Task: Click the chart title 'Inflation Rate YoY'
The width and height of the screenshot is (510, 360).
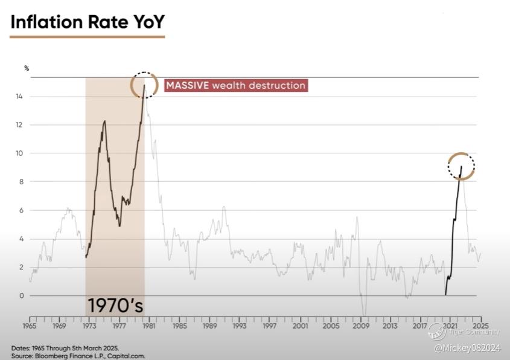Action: point(88,22)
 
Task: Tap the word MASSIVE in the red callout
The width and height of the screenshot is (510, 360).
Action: point(188,85)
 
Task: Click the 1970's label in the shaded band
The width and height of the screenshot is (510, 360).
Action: point(115,304)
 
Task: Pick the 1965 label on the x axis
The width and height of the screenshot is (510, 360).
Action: point(29,326)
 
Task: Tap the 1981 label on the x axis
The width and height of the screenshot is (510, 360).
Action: point(150,326)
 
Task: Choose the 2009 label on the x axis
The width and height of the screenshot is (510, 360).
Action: point(361,326)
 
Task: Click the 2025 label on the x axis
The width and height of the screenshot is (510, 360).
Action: point(481,326)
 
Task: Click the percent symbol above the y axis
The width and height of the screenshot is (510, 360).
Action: point(27,68)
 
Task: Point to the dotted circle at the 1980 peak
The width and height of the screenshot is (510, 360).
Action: point(145,85)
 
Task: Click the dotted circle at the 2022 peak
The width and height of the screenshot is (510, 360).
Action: point(461,167)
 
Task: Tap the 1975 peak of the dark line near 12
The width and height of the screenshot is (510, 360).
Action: point(104,121)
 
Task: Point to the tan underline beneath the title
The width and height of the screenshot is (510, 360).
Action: point(88,36)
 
